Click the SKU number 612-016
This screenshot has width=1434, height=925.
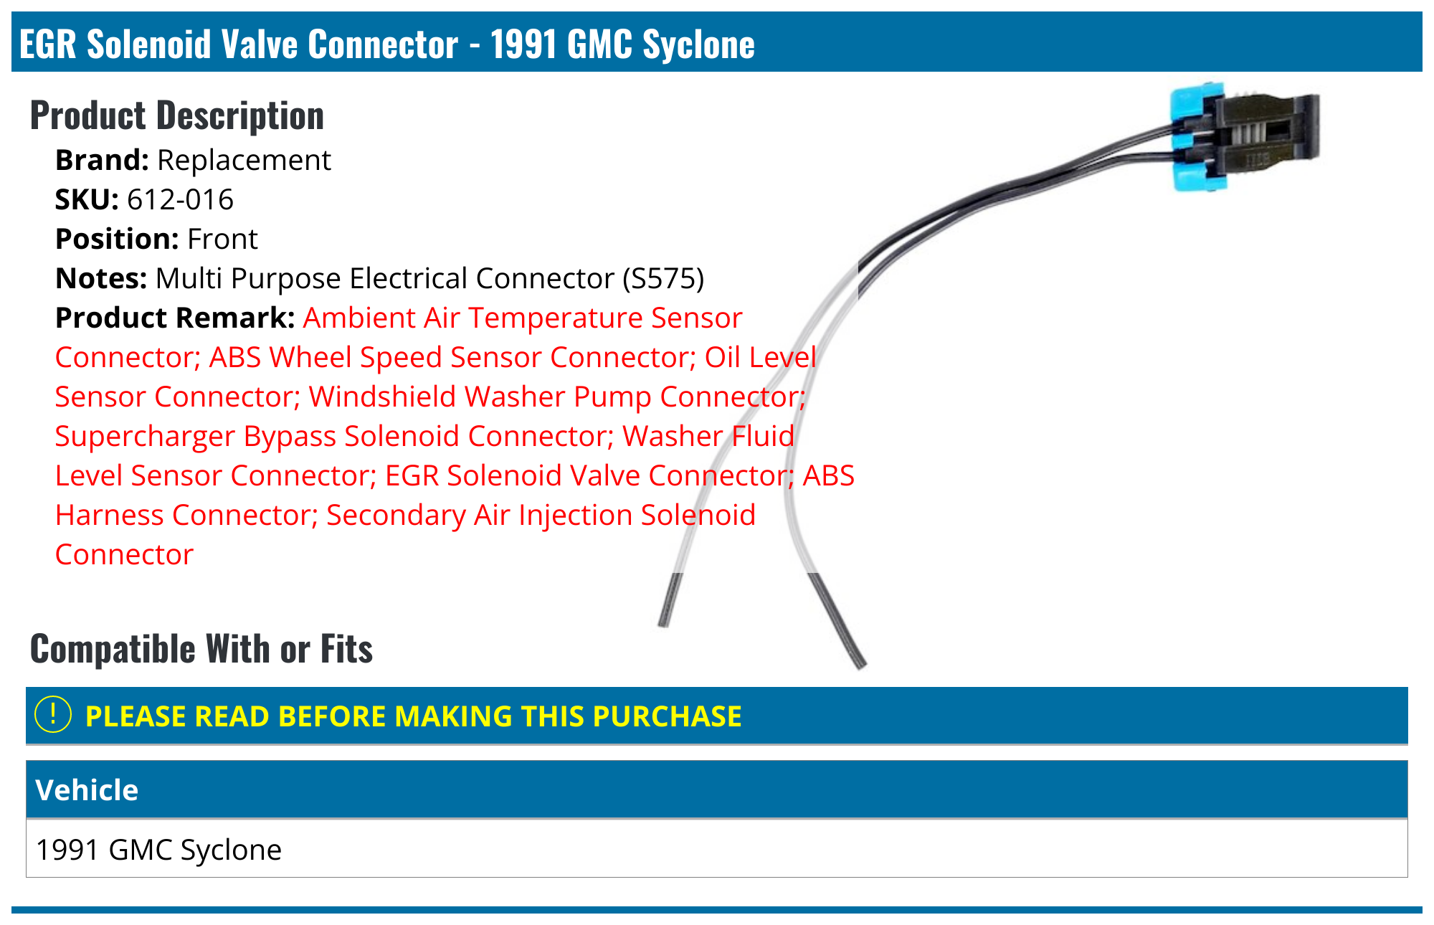(x=180, y=199)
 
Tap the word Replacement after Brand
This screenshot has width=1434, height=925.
(x=244, y=160)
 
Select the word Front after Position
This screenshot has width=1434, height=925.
(x=222, y=239)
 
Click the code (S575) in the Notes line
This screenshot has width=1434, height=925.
(x=663, y=278)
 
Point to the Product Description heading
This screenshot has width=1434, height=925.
(x=177, y=115)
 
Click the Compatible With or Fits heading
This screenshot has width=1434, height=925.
(x=201, y=649)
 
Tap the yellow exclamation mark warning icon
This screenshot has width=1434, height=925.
(x=53, y=715)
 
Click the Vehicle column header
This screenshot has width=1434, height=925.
(x=87, y=789)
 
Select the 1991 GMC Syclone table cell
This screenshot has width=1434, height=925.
(x=158, y=850)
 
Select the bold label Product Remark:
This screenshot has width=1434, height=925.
(x=175, y=318)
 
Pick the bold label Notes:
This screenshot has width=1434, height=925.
(x=100, y=278)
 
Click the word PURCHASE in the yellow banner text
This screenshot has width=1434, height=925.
(x=668, y=716)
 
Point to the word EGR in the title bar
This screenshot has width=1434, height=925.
(x=48, y=44)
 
